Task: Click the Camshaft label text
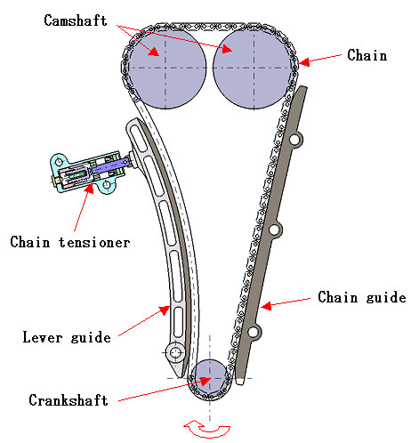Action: [x=76, y=20]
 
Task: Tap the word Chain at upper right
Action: [x=367, y=55]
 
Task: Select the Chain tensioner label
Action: [x=70, y=242]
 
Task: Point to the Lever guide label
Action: [x=67, y=337]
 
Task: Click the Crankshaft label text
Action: [x=68, y=400]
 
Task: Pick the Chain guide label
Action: [x=362, y=297]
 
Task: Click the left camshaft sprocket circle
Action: [x=166, y=68]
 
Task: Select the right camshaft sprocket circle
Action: [x=253, y=68]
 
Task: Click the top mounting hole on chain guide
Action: [x=295, y=140]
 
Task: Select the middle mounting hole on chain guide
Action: [x=274, y=230]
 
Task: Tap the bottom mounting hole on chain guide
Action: [x=253, y=332]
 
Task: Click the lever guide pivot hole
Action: [x=175, y=352]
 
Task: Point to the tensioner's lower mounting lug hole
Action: [x=107, y=185]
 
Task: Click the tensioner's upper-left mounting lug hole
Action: [x=60, y=162]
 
